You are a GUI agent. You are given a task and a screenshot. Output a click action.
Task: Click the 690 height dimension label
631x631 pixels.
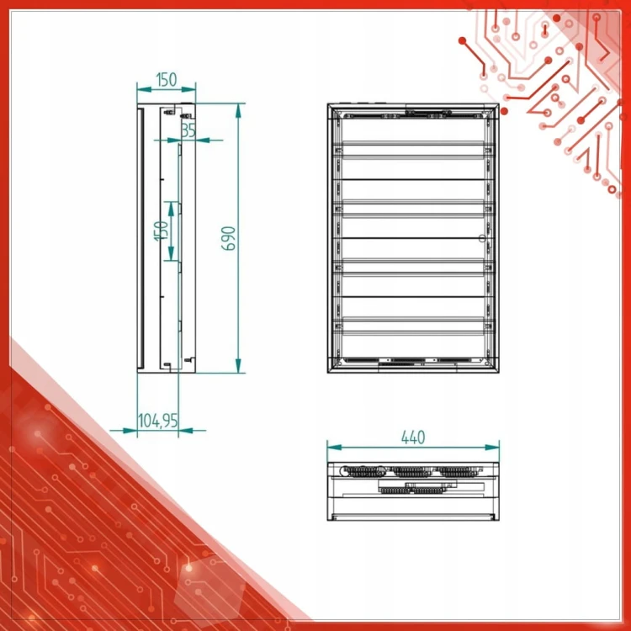tap(229, 238)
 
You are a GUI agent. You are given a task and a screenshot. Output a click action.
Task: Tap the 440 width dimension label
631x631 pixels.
tap(413, 437)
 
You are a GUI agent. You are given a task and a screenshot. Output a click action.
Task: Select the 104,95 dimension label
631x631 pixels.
tap(158, 421)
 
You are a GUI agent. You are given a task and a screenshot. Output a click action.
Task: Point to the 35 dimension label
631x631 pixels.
tap(188, 130)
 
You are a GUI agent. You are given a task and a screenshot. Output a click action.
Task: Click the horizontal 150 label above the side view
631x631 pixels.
tap(167, 80)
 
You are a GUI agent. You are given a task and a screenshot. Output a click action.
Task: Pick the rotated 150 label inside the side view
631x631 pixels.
tap(161, 231)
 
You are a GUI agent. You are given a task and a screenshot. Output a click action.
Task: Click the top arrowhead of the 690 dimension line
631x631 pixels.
tap(238, 110)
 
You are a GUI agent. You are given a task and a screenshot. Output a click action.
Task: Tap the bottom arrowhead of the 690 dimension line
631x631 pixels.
tap(238, 366)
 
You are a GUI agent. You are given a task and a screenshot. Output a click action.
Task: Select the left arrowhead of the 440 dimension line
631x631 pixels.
tap(334, 447)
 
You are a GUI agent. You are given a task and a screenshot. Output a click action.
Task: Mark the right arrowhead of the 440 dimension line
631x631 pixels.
tap(492, 447)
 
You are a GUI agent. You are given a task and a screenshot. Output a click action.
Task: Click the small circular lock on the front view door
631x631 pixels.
tap(482, 238)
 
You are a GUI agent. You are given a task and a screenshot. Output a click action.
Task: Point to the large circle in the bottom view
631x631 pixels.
tap(346, 471)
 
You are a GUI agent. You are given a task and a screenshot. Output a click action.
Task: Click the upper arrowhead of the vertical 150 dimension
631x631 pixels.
tap(171, 209)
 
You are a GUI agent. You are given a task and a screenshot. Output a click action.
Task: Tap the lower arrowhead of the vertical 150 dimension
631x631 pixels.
tap(171, 253)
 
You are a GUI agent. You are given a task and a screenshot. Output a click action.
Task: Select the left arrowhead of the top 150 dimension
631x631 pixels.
tap(144, 89)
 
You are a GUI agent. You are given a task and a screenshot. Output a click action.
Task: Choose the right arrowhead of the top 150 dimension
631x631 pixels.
tap(188, 89)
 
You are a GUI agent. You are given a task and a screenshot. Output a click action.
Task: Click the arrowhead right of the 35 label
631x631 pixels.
tap(203, 140)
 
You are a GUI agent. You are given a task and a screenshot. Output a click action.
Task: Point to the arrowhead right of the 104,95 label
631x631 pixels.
tap(185, 431)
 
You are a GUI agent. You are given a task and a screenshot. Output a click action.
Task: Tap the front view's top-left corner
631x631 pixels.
tap(328, 103)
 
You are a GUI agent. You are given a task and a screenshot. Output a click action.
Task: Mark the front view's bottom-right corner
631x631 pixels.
tap(499, 373)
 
